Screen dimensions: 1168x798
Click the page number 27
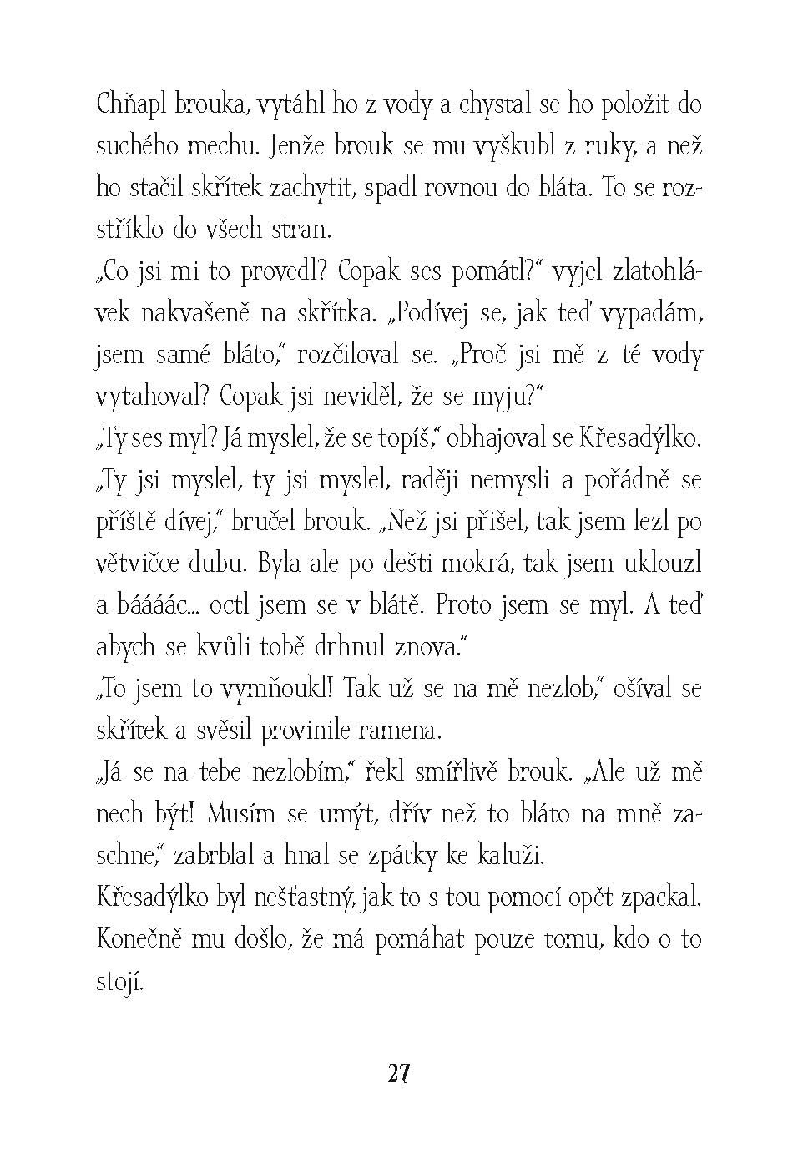tap(398, 1074)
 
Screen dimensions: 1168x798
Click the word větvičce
tap(136, 564)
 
